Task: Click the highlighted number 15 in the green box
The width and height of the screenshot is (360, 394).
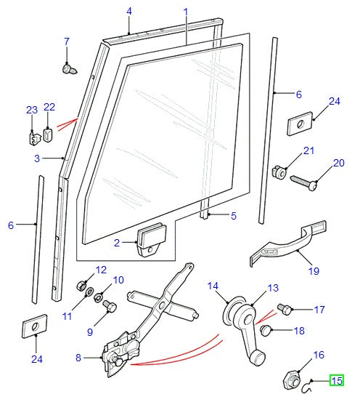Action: (337, 380)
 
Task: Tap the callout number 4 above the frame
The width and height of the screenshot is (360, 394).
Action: (129, 11)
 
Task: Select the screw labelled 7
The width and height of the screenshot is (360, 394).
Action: (70, 68)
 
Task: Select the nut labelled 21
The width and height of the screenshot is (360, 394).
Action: (277, 172)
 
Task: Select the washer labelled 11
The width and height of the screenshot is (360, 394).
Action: (90, 294)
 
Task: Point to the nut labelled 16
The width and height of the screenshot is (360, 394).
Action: (290, 378)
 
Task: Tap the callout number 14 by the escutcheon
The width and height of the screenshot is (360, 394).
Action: (213, 286)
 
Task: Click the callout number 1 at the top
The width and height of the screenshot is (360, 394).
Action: (186, 12)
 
